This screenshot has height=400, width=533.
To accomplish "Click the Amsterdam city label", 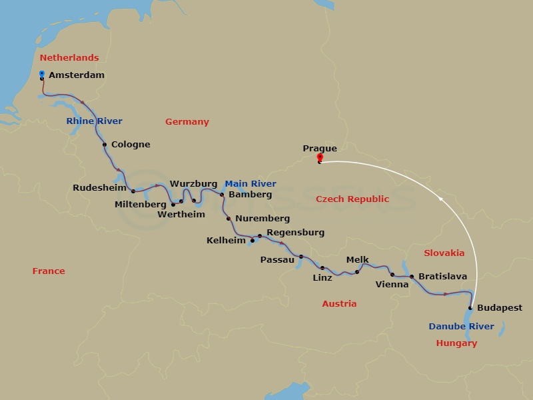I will (77, 75).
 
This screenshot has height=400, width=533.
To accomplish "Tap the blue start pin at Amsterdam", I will (42, 74).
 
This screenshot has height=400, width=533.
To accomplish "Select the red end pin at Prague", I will (320, 158).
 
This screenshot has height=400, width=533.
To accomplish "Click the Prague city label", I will (320, 149).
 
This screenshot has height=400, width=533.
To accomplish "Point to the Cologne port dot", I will (105, 145).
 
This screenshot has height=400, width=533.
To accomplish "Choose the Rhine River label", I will (94, 121).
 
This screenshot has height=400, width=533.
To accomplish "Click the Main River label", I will (250, 184).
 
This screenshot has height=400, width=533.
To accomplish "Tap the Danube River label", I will (462, 327).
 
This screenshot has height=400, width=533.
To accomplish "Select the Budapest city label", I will (500, 308).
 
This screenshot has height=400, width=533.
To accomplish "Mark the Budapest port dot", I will (470, 308).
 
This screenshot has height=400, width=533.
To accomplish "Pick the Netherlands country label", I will (69, 58).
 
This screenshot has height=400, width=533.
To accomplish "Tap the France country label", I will (49, 271).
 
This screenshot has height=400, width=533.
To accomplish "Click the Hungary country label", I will (456, 344).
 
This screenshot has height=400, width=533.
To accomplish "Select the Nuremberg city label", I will (263, 219).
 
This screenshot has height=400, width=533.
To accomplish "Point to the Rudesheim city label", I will (99, 188).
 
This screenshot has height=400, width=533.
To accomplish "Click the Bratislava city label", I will (442, 276).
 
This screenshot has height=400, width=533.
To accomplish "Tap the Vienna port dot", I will (392, 275).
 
